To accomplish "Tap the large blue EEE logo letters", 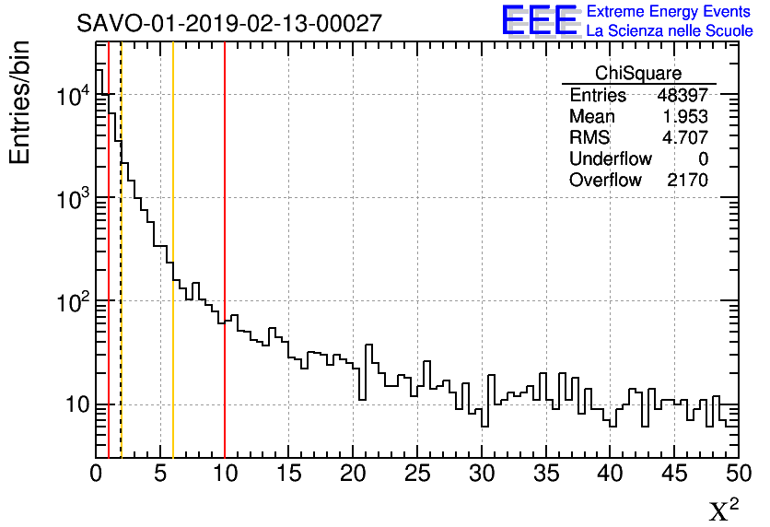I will click(539, 20).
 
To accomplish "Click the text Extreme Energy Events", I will click(670, 12).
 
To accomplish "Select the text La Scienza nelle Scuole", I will click(670, 31).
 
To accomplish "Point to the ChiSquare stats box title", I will click(638, 73).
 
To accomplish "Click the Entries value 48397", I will click(682, 95).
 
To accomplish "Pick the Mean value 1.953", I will click(686, 116).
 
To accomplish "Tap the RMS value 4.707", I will click(686, 137).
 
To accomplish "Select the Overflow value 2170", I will click(687, 180).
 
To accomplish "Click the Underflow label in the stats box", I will click(610, 158).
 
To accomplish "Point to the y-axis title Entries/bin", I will click(20, 102).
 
